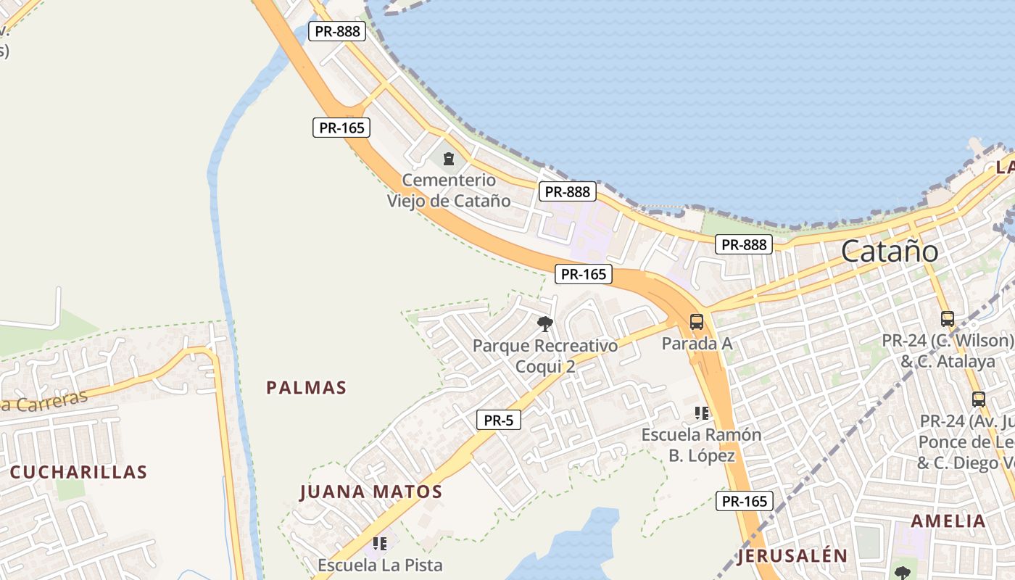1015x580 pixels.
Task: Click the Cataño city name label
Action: click(x=890, y=252)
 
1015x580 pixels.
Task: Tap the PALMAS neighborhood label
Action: click(x=307, y=388)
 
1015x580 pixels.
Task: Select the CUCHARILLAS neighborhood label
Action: click(x=78, y=472)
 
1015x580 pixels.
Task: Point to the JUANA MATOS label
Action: click(x=370, y=492)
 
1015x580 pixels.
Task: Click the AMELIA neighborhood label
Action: click(x=948, y=521)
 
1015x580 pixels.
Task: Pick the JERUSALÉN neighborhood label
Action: click(x=792, y=556)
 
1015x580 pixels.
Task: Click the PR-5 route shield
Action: click(x=499, y=420)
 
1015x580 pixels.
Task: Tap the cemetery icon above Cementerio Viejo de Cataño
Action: click(x=449, y=158)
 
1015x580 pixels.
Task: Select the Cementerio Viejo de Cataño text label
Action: click(x=449, y=191)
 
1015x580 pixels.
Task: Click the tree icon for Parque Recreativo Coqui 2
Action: click(x=545, y=323)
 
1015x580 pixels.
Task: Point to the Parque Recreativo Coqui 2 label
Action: click(x=545, y=355)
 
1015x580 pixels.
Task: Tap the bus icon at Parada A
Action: click(x=697, y=321)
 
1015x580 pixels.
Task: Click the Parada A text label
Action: click(x=697, y=344)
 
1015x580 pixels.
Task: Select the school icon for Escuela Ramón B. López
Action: click(x=701, y=413)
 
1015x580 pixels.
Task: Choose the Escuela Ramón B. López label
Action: click(x=701, y=445)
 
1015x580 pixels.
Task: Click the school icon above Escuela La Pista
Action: click(x=379, y=543)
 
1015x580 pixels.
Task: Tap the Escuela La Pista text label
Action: click(x=380, y=564)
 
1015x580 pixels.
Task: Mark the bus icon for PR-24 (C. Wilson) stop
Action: click(x=947, y=318)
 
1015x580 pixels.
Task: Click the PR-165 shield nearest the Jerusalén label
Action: click(x=745, y=501)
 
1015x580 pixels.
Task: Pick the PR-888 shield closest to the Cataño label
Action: click(x=744, y=244)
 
